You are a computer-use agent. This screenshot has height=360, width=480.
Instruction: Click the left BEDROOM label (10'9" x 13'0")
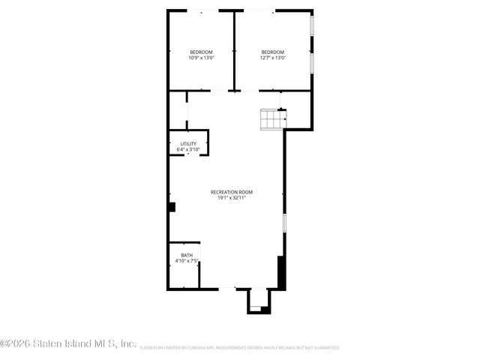pos(200,52)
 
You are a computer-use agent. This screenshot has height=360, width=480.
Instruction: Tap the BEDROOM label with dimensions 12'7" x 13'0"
pos(272,52)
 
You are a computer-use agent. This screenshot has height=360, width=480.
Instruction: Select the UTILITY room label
pos(188,143)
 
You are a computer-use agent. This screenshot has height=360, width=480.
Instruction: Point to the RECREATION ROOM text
pos(232,192)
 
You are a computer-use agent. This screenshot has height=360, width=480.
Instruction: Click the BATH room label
pos(186,255)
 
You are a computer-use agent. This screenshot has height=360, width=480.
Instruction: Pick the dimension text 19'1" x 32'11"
pos(232,198)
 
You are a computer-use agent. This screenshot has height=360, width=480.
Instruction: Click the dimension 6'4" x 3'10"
pos(188,149)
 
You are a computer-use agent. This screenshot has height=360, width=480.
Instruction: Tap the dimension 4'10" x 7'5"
pos(186,261)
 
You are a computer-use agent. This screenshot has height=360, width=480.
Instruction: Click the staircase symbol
pos(272,118)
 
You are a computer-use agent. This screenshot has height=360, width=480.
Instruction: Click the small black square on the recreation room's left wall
pos(172,207)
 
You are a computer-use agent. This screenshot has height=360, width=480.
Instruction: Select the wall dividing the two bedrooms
pos(235,49)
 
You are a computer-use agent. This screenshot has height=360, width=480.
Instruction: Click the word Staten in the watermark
pos(45,343)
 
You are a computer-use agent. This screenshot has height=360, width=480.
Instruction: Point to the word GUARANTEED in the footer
pos(325,348)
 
